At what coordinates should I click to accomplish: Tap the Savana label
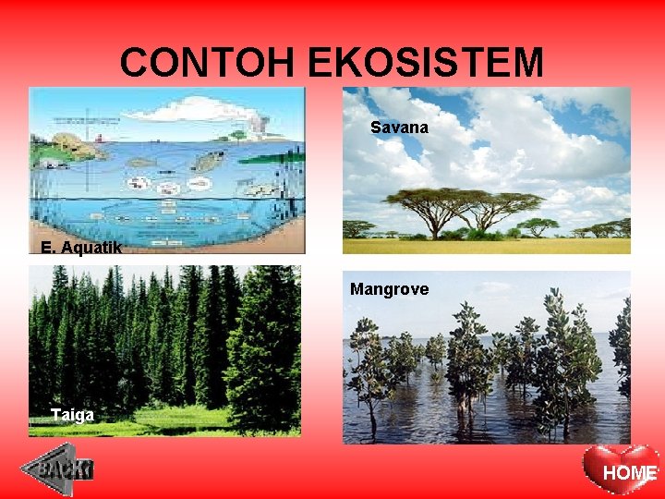pyautogui.click(x=399, y=128)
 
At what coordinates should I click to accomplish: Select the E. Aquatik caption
pyautogui.click(x=81, y=247)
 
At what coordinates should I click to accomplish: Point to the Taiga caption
pyautogui.click(x=72, y=415)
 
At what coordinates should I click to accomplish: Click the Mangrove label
pyautogui.click(x=389, y=289)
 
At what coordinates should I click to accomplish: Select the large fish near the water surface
pyautogui.click(x=208, y=161)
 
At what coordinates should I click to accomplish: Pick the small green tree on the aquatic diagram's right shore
pyautogui.click(x=238, y=135)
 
